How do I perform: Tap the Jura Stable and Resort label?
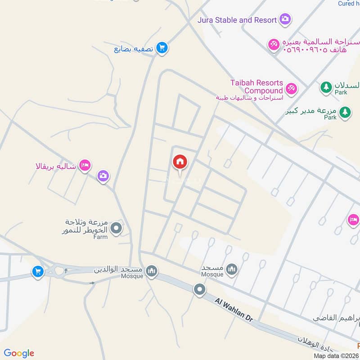point(237,20)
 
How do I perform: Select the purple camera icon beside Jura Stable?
point(285,19)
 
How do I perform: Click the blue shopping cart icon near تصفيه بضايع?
point(162,48)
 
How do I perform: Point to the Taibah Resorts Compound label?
point(256,87)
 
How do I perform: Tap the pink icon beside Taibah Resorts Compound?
point(291,88)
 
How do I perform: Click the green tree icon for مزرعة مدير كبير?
point(345,112)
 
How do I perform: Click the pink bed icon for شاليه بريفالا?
point(85,166)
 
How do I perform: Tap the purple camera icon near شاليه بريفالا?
point(103,176)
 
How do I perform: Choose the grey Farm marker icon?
point(116,229)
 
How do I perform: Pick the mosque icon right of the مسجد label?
point(232,270)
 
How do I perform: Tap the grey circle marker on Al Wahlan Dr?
point(200,289)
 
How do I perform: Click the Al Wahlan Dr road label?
point(234,309)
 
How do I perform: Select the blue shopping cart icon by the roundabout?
point(38,271)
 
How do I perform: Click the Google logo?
point(18,353)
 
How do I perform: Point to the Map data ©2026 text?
point(337,355)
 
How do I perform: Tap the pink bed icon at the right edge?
point(354,220)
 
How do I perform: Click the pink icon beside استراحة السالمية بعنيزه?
point(273,45)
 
